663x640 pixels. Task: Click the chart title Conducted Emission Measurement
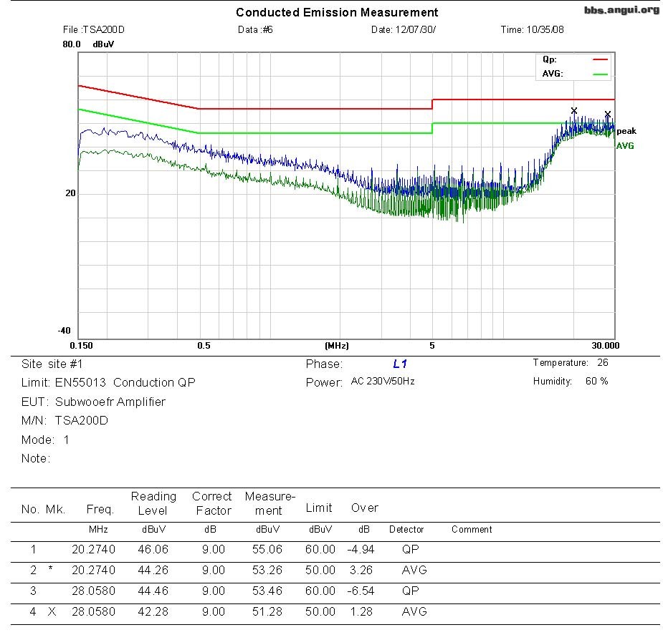337,12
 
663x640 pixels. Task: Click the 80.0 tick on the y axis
71,44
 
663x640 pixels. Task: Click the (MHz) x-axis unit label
337,346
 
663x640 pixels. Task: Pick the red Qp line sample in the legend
599,60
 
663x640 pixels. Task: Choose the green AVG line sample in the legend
599,74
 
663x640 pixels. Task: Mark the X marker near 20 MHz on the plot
573,110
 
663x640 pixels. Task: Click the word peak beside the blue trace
626,131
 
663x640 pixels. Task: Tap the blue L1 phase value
400,364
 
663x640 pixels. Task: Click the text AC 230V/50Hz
383,382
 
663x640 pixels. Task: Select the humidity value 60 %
596,382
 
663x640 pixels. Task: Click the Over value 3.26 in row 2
364,571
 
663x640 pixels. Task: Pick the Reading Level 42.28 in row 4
152,612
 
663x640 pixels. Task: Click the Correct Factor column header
212,503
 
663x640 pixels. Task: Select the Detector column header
406,530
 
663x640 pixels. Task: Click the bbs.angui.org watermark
621,9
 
